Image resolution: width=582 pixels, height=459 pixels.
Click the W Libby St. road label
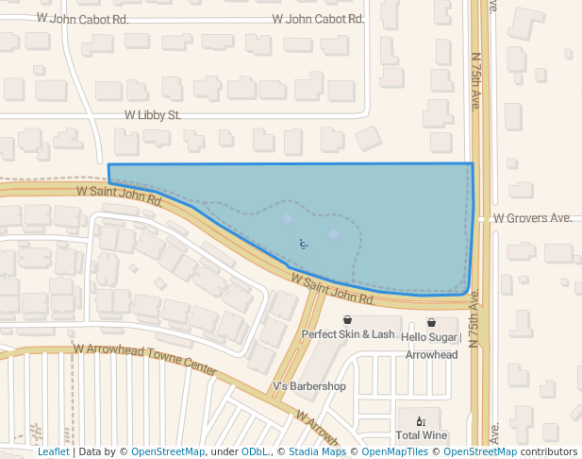pyautogui.click(x=152, y=115)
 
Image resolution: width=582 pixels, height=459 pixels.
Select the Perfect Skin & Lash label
pyautogui.click(x=348, y=334)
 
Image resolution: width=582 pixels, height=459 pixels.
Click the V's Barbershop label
pyautogui.click(x=308, y=386)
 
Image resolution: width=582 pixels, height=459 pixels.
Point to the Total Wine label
pyautogui.click(x=421, y=435)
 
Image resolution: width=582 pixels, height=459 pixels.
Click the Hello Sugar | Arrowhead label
pyautogui.click(x=431, y=346)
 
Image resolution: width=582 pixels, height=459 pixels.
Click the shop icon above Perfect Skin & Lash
pyautogui.click(x=348, y=320)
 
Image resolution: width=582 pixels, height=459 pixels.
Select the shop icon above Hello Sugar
pyautogui.click(x=431, y=322)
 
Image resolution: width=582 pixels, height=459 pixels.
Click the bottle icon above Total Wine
pyautogui.click(x=421, y=421)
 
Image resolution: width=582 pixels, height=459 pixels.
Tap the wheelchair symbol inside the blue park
pyautogui.click(x=303, y=244)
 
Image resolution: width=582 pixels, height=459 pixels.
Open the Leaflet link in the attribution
pyautogui.click(x=53, y=452)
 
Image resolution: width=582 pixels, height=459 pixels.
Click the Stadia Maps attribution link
pyautogui.click(x=317, y=452)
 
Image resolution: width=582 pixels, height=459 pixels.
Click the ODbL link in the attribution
pyautogui.click(x=254, y=452)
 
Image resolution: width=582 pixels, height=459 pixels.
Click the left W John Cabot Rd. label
pyautogui.click(x=83, y=18)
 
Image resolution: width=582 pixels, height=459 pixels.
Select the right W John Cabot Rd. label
pyautogui.click(x=318, y=18)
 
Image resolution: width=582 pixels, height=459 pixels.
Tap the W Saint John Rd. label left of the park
pyautogui.click(x=120, y=195)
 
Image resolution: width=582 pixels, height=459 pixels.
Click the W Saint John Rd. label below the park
pyautogui.click(x=334, y=289)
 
